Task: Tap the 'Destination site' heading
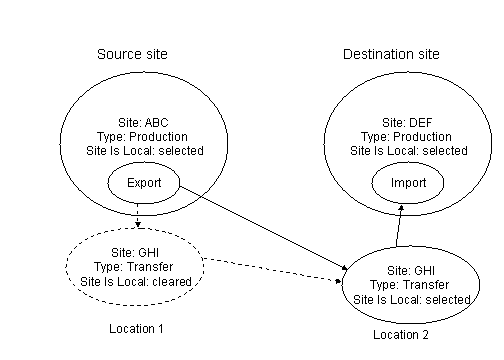coord(391,54)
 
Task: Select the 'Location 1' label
coord(135,327)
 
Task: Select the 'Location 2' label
coord(401,335)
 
